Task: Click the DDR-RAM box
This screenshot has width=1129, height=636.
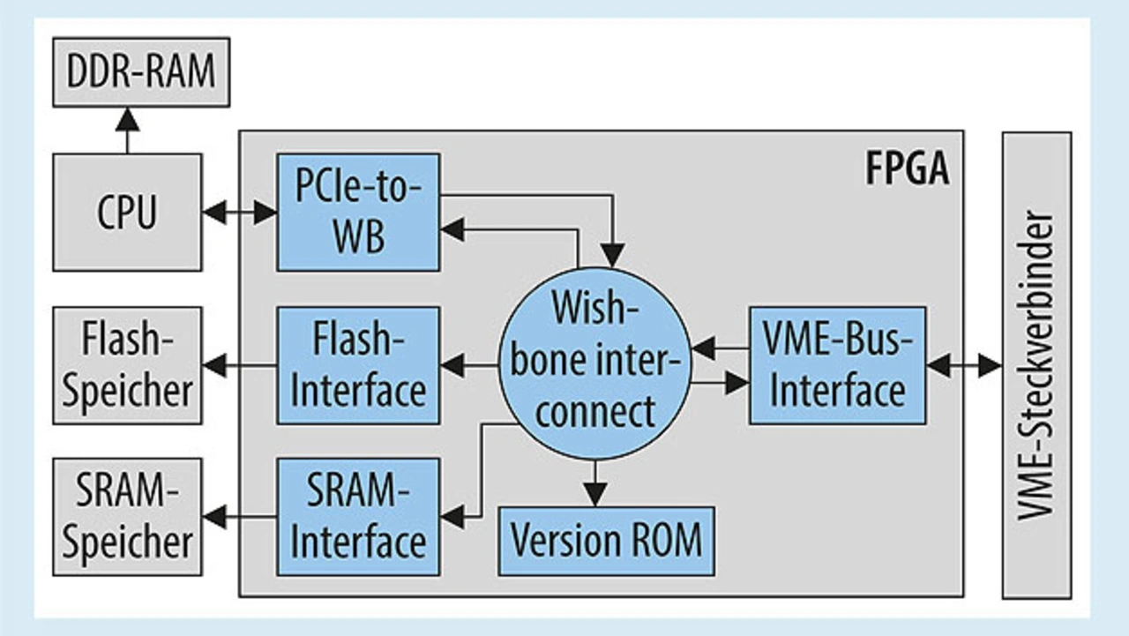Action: point(141,72)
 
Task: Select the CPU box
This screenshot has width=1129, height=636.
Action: point(127,213)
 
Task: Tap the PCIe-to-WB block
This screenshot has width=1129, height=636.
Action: point(358,213)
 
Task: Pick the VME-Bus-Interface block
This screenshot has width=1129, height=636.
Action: point(837,365)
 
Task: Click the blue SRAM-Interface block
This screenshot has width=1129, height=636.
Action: point(358,517)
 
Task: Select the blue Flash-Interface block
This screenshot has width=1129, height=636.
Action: point(358,365)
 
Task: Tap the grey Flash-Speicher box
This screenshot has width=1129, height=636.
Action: point(127,365)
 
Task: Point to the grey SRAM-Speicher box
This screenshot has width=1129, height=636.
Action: point(127,517)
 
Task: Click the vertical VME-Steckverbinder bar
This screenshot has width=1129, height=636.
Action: point(1036,365)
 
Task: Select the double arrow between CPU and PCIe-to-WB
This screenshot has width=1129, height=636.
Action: point(239,213)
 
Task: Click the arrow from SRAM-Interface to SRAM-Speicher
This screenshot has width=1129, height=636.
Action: point(239,516)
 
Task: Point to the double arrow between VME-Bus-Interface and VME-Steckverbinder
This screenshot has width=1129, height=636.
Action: point(963,365)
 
